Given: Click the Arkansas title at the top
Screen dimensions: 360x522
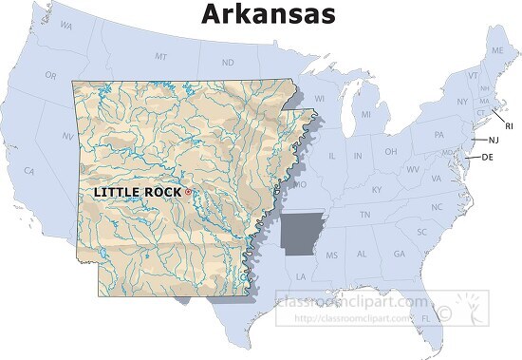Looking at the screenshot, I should [x=268, y=14].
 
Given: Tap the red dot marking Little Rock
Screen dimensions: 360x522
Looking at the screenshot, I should [x=188, y=192].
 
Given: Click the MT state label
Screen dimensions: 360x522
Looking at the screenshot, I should [x=160, y=58].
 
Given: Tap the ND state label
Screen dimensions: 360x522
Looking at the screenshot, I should [x=228, y=63].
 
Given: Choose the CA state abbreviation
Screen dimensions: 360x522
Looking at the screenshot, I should [x=29, y=171].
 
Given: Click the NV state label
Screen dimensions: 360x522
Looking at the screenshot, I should [x=68, y=137].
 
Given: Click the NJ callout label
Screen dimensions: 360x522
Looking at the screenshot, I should [x=493, y=140].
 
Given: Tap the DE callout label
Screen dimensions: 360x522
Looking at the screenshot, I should [x=487, y=157].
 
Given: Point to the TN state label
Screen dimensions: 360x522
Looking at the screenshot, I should [x=365, y=216].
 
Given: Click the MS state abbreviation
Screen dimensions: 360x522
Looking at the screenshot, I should [x=332, y=256].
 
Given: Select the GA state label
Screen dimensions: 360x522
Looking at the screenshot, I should [x=399, y=254].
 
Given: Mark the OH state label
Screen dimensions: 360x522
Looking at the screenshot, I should [x=390, y=152].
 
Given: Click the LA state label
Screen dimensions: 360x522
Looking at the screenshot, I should [x=301, y=276].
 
